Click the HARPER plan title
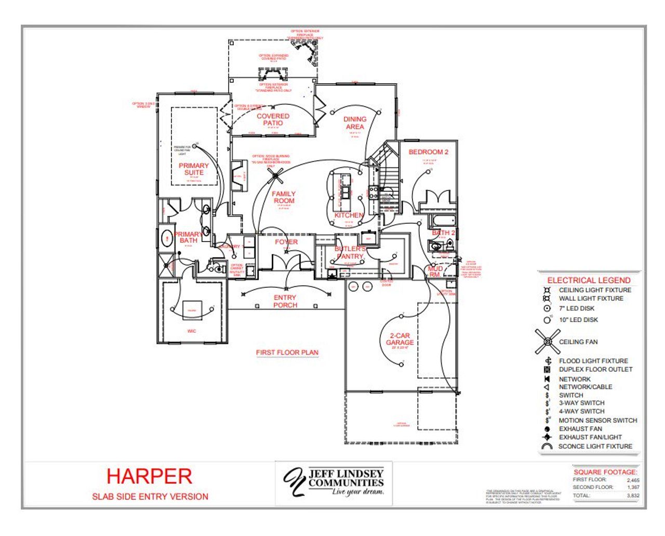click(149, 476)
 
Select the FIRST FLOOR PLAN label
click(287, 352)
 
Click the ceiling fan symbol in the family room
click(275, 176)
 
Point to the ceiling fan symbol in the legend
click(547, 341)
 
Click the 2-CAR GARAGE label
click(400, 339)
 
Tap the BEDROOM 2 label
click(428, 152)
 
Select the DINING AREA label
click(355, 123)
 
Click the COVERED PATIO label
click(273, 119)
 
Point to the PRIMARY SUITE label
click(194, 169)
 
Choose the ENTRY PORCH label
click(285, 301)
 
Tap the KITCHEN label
click(349, 215)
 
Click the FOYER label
click(286, 242)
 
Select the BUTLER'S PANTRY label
click(350, 252)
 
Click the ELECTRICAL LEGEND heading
click(589, 280)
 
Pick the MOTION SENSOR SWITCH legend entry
click(597, 420)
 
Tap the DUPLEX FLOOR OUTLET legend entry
click(595, 369)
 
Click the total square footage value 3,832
click(633, 495)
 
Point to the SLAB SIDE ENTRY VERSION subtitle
click(150, 497)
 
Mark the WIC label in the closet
click(192, 331)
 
